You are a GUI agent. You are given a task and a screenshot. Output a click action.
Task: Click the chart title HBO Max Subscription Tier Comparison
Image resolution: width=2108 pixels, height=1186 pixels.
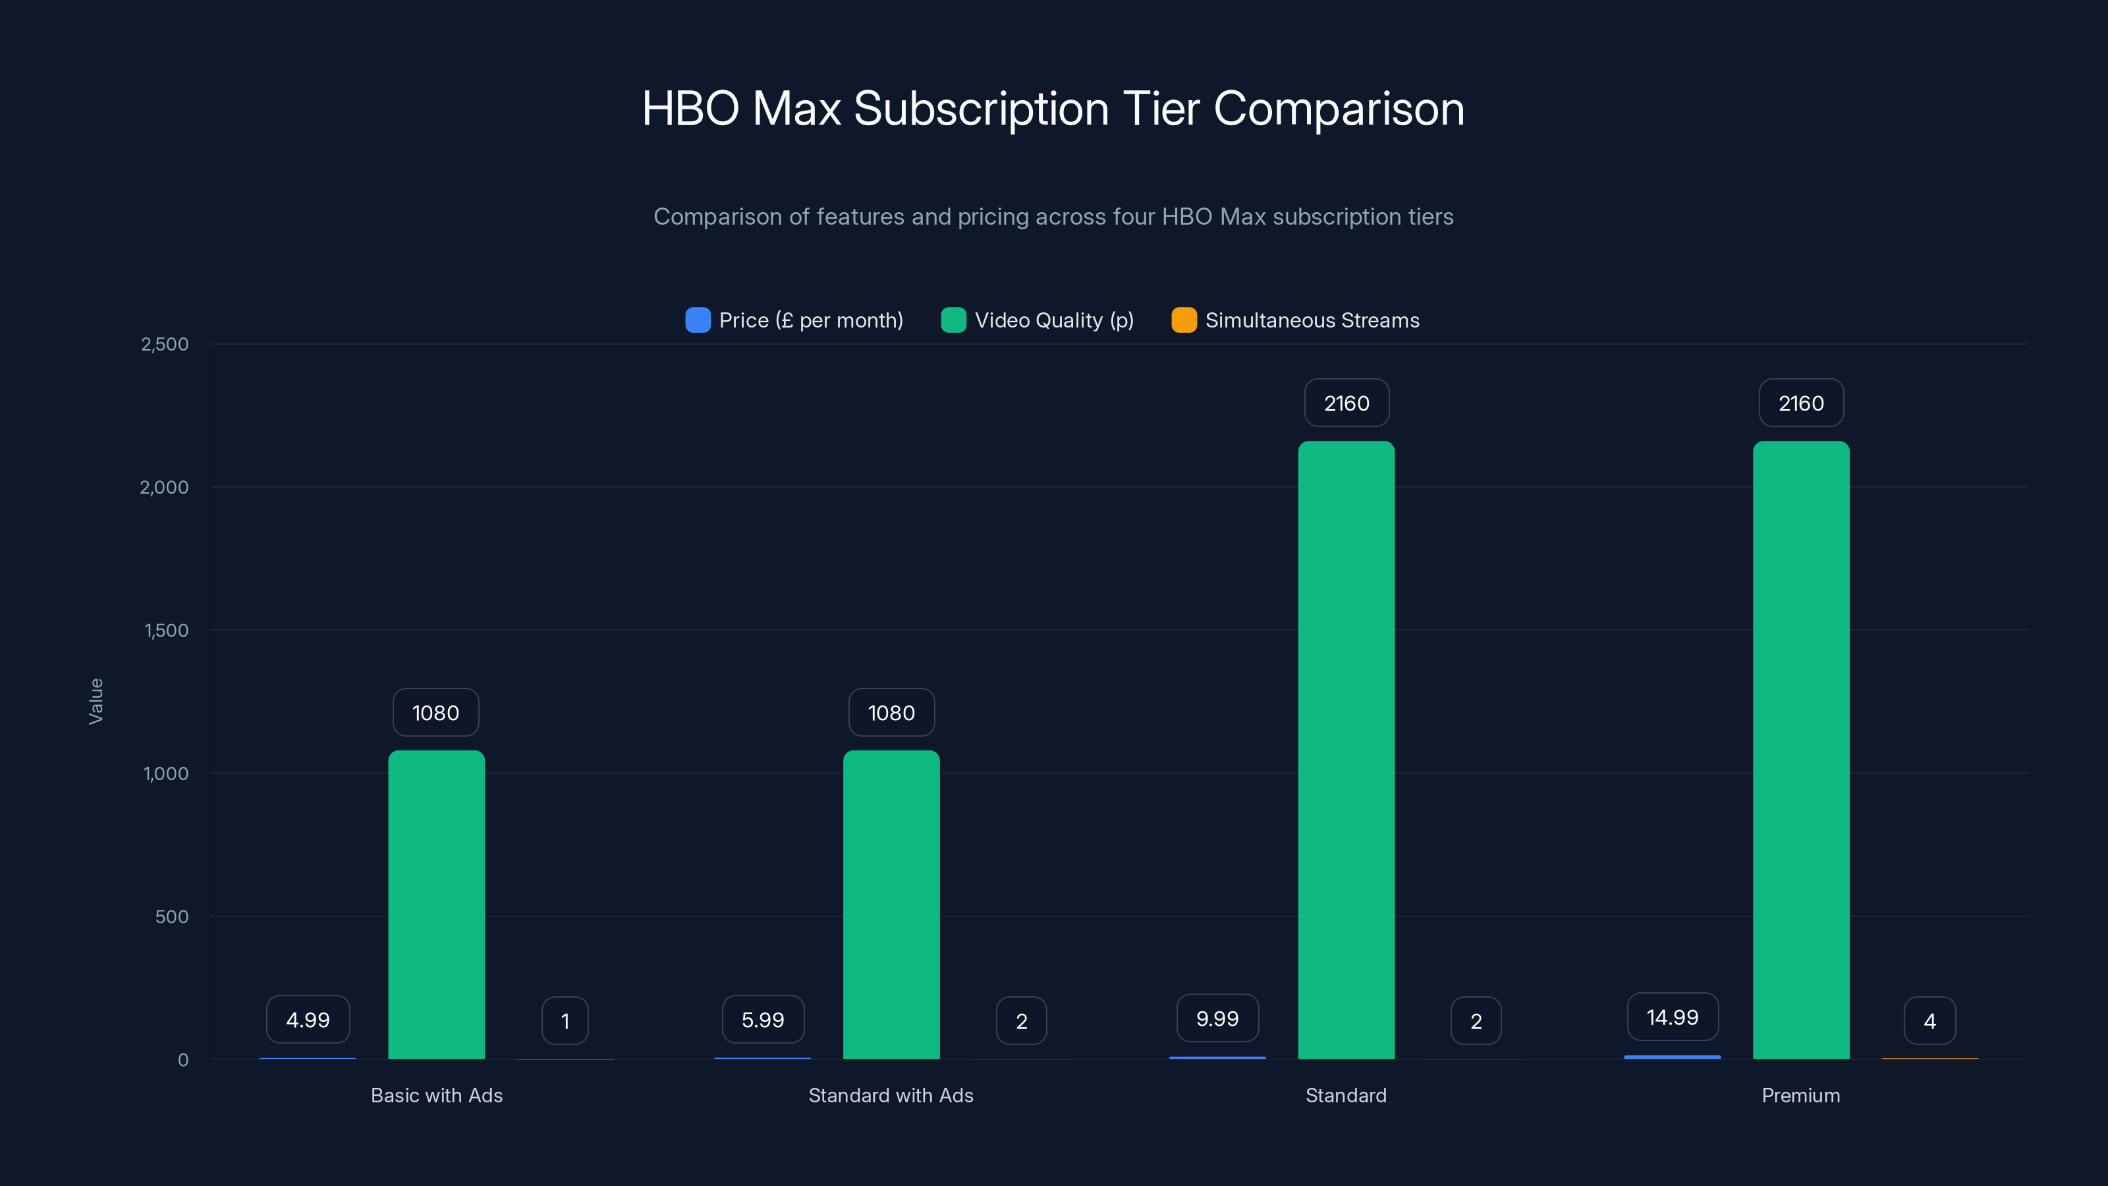coord(1053,109)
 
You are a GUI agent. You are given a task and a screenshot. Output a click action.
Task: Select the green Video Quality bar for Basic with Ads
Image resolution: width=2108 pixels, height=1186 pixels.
coord(436,905)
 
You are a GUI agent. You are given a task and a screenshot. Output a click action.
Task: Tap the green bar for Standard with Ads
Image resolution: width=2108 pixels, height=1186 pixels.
coord(891,905)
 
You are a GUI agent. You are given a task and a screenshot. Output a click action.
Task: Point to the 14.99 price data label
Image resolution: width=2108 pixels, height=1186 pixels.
coord(1672,1017)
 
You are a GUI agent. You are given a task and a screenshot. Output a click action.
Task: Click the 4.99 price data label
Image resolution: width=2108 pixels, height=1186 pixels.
coord(308,1020)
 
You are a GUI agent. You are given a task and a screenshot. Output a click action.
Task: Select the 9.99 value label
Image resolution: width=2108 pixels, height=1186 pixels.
coord(1217,1018)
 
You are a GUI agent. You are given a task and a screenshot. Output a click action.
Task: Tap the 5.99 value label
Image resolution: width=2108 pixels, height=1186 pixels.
coord(763,1020)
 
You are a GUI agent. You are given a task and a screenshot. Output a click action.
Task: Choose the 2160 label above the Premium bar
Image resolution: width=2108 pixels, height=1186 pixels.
coord(1801,403)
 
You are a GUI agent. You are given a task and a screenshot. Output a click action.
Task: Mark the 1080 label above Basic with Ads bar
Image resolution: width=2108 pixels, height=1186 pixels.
coord(435,712)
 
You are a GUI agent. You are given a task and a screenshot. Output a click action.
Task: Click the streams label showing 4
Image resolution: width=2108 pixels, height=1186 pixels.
coord(1929,1021)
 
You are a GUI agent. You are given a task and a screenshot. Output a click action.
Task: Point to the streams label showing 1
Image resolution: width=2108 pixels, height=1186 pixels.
coord(565,1021)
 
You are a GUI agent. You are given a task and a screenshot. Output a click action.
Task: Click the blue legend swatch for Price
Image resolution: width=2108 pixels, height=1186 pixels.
coord(697,320)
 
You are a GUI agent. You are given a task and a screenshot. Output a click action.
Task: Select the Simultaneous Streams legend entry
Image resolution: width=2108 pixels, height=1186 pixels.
coord(1312,320)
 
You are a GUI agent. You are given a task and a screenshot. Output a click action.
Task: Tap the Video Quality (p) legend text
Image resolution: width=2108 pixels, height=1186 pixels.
coord(1054,320)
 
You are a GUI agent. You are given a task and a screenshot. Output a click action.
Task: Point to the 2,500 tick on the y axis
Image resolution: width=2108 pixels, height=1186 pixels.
coord(165,344)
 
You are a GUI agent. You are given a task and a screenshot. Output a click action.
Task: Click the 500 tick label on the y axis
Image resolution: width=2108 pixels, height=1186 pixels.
coord(172,917)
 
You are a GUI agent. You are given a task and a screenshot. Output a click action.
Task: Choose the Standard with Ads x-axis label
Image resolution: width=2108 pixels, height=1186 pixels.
coord(891,1095)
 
